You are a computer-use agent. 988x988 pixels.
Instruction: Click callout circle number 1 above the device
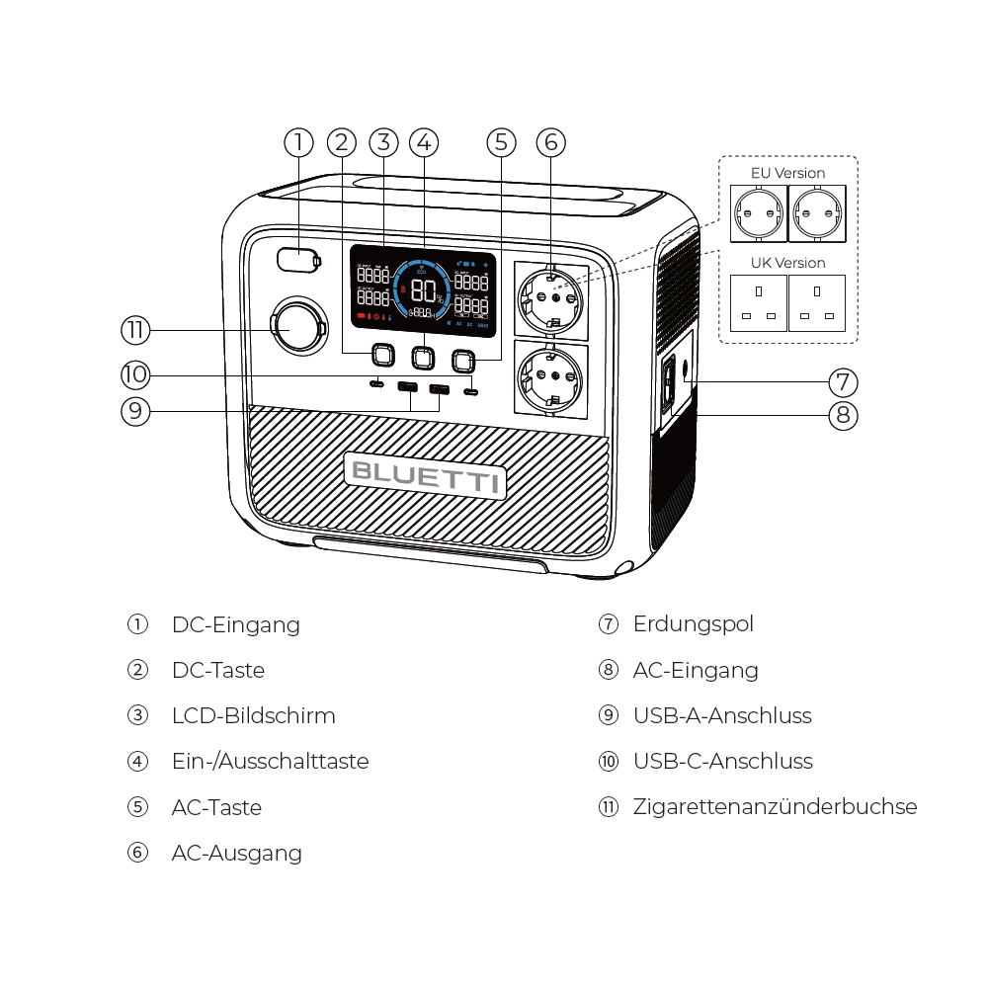[x=298, y=142]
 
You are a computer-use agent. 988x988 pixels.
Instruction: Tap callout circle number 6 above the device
[x=551, y=142]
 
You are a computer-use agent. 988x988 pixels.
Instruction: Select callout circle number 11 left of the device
[x=135, y=329]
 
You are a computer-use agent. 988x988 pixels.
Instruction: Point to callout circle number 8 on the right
[x=843, y=415]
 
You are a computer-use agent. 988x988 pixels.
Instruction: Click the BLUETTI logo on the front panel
[x=425, y=475]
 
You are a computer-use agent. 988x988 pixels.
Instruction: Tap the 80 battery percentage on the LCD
[x=424, y=290]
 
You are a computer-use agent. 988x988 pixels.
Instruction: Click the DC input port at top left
[x=296, y=260]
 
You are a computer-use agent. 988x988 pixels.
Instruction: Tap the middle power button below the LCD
[x=423, y=356]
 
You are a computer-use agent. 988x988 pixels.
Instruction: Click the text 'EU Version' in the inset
[x=787, y=173]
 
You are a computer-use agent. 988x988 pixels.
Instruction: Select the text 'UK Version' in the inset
[x=787, y=263]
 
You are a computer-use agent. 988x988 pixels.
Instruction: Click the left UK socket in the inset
[x=759, y=303]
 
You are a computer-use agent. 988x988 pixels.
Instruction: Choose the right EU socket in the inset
[x=817, y=213]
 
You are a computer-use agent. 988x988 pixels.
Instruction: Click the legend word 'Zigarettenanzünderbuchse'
[x=775, y=807]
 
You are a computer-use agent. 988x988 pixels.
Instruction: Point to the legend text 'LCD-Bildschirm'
[x=253, y=716]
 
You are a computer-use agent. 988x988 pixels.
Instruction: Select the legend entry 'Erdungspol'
[x=693, y=624]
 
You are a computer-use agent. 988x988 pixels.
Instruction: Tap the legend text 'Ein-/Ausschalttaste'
[x=270, y=762]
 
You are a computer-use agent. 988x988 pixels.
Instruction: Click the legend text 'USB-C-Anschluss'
[x=722, y=762]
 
